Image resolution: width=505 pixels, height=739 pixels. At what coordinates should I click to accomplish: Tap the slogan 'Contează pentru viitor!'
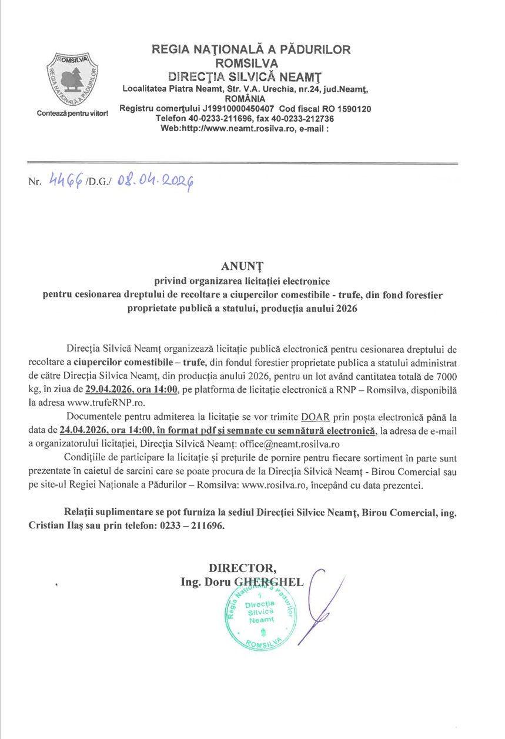coord(72,112)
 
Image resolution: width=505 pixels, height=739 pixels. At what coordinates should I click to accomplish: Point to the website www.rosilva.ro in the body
coord(269,485)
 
